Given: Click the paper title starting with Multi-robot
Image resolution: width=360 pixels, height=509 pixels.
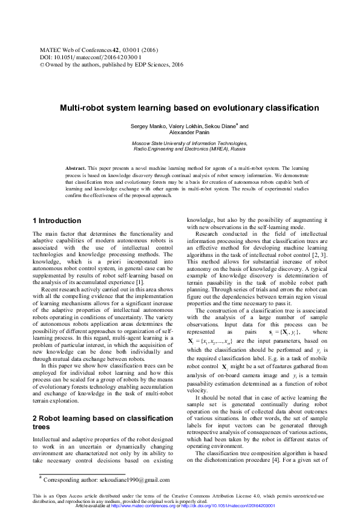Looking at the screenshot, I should [x=188, y=108].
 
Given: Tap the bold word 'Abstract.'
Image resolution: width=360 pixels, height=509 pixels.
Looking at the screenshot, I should [x=77, y=166].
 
